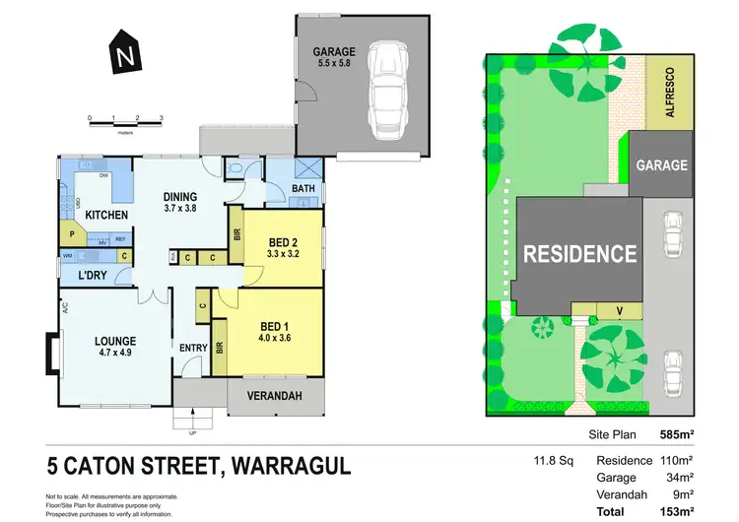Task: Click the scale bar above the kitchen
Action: point(125,120)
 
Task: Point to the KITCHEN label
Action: point(106,214)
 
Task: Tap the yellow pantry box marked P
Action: point(72,234)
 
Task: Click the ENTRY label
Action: point(192,348)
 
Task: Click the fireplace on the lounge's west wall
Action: point(50,350)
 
